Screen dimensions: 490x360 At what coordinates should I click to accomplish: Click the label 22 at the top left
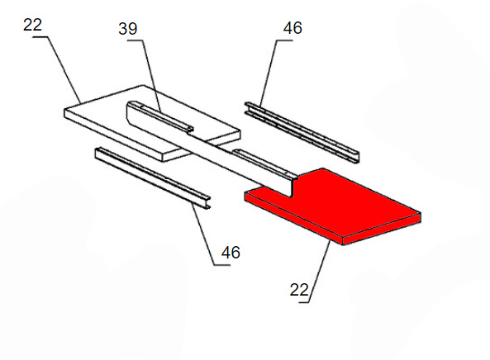(x=32, y=25)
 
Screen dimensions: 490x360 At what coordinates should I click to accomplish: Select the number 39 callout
(x=128, y=29)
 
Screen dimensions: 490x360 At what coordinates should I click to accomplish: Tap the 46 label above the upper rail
(x=293, y=28)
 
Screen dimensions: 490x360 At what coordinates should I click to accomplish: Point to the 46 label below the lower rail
(x=231, y=253)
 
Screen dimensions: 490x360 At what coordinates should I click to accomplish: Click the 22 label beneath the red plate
(x=299, y=290)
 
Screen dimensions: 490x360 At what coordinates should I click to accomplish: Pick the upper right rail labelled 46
(x=302, y=132)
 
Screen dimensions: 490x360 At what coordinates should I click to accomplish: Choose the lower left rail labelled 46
(x=153, y=178)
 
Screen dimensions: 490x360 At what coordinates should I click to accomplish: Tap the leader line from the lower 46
(x=207, y=234)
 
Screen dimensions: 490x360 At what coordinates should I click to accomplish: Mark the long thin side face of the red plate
(x=293, y=217)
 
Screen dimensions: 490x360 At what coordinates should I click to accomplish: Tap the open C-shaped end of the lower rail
(x=206, y=202)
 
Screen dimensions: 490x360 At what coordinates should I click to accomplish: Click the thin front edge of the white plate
(x=114, y=135)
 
